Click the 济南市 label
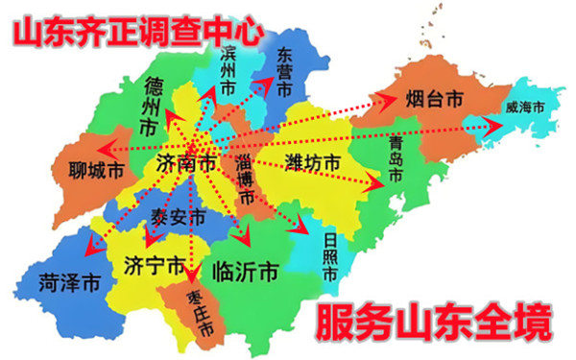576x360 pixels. pyautogui.click(x=185, y=164)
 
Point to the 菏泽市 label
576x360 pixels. pyautogui.click(x=69, y=283)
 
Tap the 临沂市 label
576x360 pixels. pyautogui.click(x=245, y=270)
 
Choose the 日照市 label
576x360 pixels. pyautogui.click(x=328, y=252)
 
